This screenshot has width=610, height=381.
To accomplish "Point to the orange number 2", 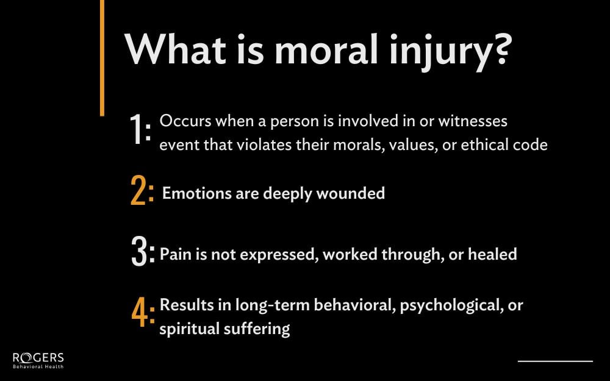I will click(140, 193).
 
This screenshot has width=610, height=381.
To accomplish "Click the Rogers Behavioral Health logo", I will click(38, 360).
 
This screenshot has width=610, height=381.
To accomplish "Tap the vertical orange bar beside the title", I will click(102, 58).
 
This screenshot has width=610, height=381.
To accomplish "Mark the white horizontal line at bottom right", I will click(555, 361).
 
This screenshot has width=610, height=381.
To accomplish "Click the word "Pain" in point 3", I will click(174, 254).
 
